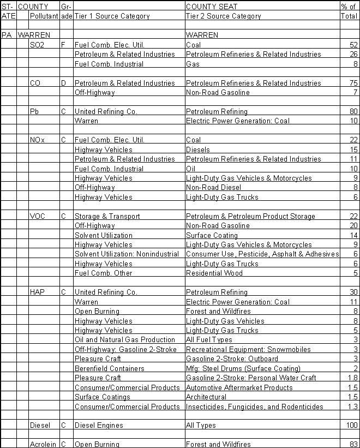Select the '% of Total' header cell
[349, 11]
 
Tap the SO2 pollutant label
[38, 45]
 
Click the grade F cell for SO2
[63, 45]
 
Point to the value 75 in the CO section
[353, 83]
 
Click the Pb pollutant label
[34, 111]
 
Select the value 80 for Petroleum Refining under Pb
[353, 111]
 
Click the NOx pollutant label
[38, 140]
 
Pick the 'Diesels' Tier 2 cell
[197, 150]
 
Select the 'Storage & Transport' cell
[100, 216]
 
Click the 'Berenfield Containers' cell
[110, 368]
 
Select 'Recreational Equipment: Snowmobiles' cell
[250, 349]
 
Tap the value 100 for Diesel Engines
[351, 425]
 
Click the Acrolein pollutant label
[43, 444]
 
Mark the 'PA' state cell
[7, 35]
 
